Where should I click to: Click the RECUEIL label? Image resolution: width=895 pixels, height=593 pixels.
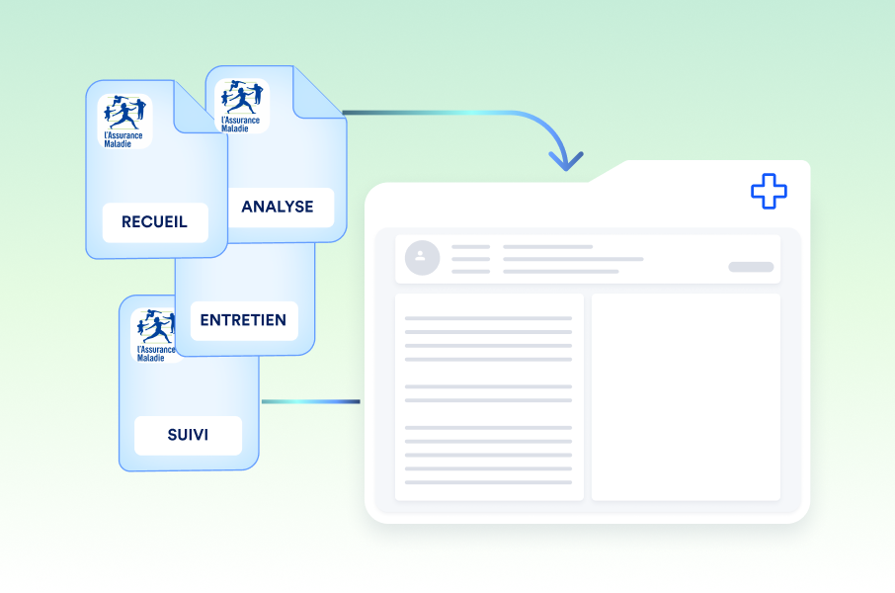tap(156, 222)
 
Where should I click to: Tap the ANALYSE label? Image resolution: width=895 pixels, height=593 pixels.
tap(278, 207)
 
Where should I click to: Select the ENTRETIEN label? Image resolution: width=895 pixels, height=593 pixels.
tap(243, 320)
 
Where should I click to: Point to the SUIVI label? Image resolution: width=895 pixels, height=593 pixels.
tap(188, 434)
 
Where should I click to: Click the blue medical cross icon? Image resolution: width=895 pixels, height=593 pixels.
tap(769, 191)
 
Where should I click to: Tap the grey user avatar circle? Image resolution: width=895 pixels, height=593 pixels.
tap(422, 257)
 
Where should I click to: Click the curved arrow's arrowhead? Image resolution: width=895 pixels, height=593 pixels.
tap(566, 160)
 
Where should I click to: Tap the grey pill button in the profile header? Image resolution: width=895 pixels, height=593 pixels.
tap(751, 267)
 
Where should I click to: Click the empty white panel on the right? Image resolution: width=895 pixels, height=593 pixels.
tap(686, 396)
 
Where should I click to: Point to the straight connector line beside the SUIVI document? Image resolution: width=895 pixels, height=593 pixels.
tap(310, 401)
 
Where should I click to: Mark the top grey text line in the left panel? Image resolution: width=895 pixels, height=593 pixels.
tap(488, 318)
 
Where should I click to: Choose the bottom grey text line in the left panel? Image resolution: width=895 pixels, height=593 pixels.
tap(488, 482)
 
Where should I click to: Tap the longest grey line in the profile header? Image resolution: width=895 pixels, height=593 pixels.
tap(573, 259)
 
